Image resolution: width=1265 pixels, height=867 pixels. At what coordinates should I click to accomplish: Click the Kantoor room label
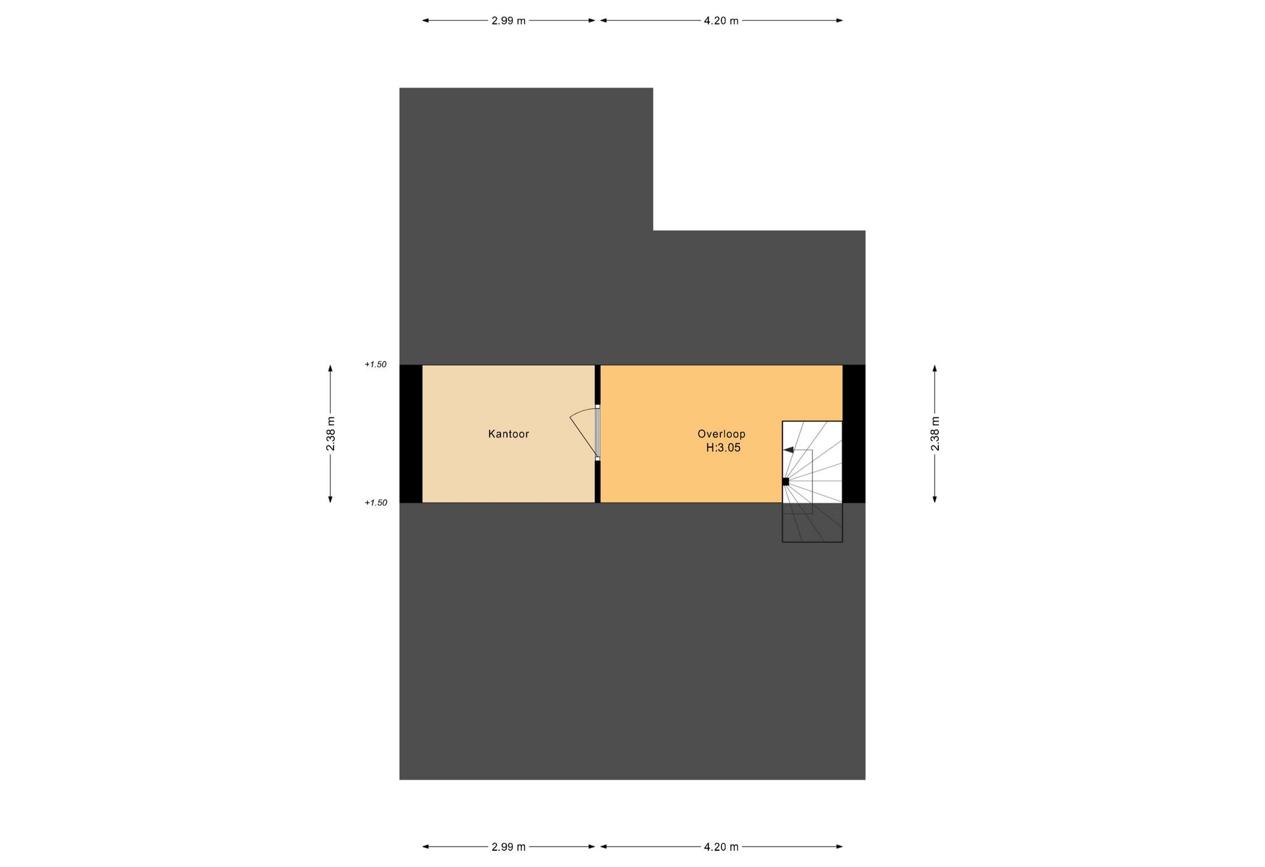(508, 434)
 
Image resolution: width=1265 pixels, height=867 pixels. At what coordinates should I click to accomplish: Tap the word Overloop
(721, 434)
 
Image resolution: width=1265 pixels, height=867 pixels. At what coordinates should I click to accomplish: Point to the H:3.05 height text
(723, 448)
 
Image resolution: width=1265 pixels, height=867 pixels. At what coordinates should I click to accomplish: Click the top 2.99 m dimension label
(508, 21)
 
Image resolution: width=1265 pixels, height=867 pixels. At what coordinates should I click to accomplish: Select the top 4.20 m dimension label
(721, 21)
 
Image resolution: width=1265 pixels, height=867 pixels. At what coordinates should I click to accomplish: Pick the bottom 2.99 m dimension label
(508, 847)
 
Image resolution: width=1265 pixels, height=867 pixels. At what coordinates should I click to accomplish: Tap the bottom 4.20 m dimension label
(721, 847)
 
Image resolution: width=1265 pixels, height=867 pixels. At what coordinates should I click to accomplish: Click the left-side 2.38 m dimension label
(331, 434)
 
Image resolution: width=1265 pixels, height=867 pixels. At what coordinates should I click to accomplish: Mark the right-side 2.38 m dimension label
(935, 434)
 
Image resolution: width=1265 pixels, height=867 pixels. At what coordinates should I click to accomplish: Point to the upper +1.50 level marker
(376, 364)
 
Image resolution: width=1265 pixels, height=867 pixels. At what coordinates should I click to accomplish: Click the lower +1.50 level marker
(376, 503)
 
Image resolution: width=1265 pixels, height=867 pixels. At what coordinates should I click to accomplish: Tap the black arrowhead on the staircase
(788, 450)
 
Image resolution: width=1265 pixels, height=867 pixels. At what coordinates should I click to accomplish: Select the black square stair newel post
(786, 482)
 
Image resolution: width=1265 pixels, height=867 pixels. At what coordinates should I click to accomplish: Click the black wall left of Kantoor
(411, 433)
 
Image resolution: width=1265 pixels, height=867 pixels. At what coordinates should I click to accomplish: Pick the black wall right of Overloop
(854, 433)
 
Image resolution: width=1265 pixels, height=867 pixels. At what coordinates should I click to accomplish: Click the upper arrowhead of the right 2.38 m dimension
(935, 368)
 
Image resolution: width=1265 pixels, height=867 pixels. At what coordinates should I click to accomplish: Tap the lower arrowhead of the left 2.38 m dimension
(330, 499)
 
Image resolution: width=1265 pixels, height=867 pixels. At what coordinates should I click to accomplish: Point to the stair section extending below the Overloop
(812, 522)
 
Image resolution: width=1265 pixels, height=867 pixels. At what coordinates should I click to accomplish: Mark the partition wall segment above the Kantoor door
(597, 385)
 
